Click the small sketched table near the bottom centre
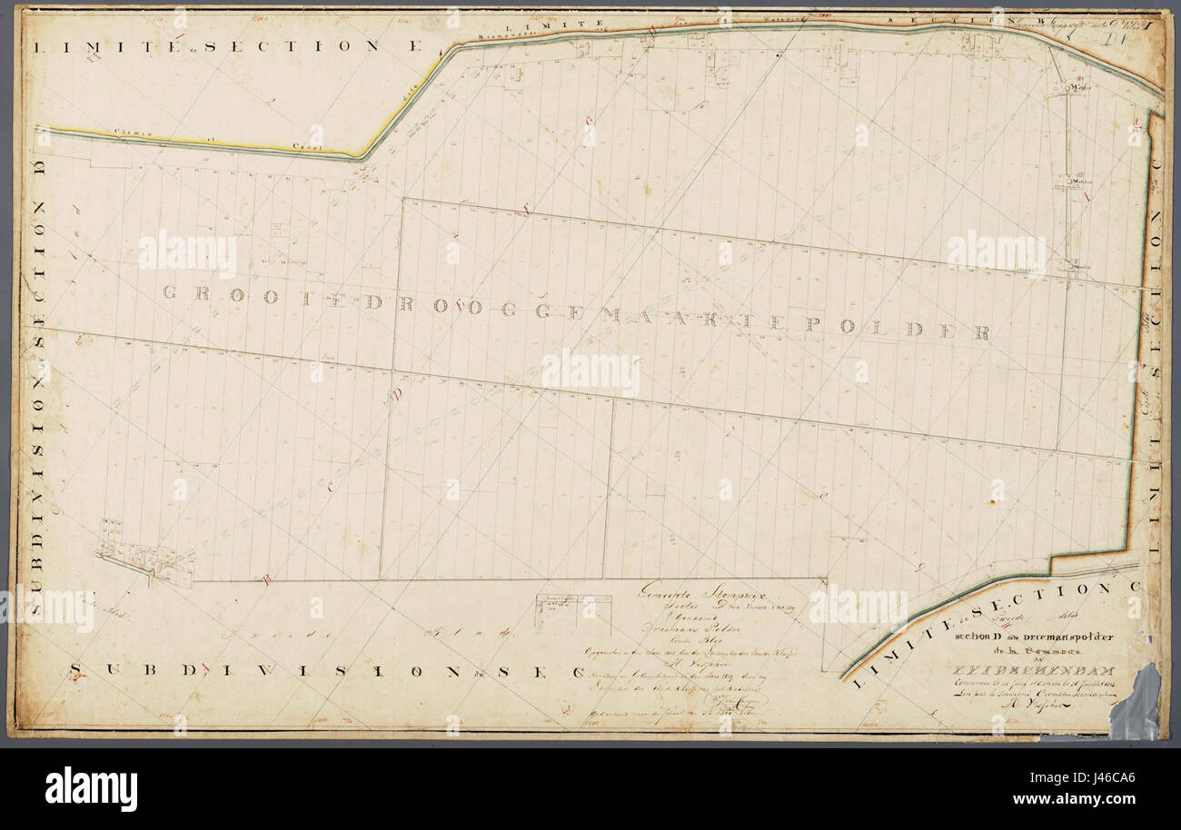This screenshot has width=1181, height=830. (x=572, y=609)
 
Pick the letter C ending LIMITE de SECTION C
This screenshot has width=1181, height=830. (x=1132, y=588)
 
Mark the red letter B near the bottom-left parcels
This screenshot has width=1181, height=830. (x=267, y=579)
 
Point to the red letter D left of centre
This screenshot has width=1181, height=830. (x=397, y=394)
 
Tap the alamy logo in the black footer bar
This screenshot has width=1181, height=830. (x=91, y=787)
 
